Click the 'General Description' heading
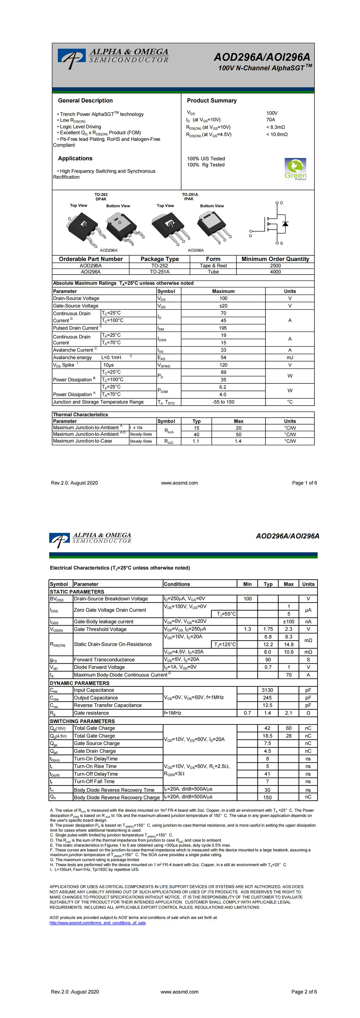[x=85, y=101]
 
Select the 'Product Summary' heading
[x=212, y=101]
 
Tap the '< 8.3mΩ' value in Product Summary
[x=275, y=127]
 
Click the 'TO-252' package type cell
[x=160, y=266]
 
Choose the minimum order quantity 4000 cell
[x=275, y=272]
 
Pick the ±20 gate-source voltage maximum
[x=223, y=306]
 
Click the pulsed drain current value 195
[x=223, y=328]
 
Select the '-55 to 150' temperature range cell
[x=223, y=402]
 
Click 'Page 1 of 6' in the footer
[x=304, y=483]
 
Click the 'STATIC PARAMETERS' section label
[x=77, y=592]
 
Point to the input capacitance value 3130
[x=268, y=690]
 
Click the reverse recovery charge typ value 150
[x=268, y=797]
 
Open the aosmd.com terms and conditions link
[x=97, y=923]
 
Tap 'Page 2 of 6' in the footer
[x=304, y=992]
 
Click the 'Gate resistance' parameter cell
[x=91, y=713]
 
